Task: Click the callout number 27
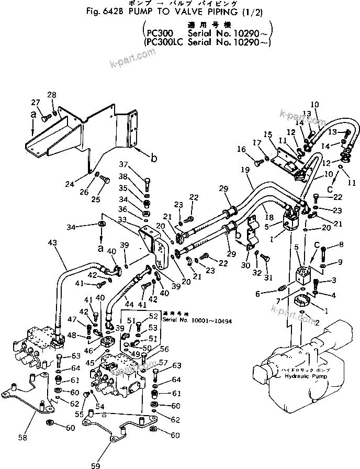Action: (35, 102)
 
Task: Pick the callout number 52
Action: (152, 316)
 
